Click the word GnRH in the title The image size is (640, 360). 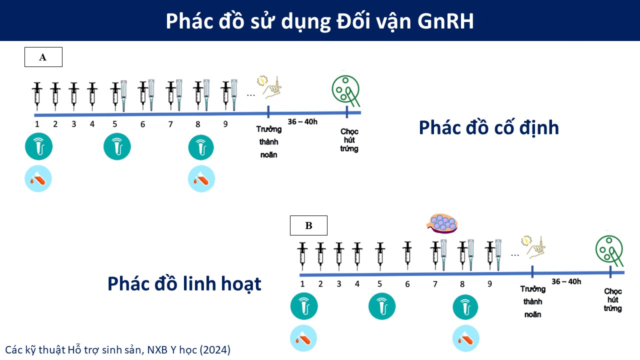pyautogui.click(x=445, y=21)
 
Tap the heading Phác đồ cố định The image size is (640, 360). pyautogui.click(x=489, y=127)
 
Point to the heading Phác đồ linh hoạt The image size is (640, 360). pyautogui.click(x=184, y=284)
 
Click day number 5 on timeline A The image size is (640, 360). pyautogui.click(x=114, y=124)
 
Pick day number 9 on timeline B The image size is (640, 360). pyautogui.click(x=489, y=284)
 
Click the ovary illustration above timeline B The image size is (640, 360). pyautogui.click(x=442, y=223)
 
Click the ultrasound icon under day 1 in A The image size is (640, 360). pyautogui.click(x=38, y=146)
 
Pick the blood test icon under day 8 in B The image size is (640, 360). pyautogui.click(x=465, y=338)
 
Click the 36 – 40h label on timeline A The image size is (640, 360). pyautogui.click(x=302, y=122)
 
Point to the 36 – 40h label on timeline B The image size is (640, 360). pyautogui.click(x=566, y=281)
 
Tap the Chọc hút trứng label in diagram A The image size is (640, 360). pyautogui.click(x=349, y=140)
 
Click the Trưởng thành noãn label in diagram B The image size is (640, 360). pyautogui.click(x=533, y=301)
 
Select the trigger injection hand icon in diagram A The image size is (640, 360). pyautogui.click(x=270, y=87)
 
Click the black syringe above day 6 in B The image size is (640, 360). pyautogui.click(x=407, y=255)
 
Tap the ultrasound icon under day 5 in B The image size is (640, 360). pyautogui.click(x=382, y=306)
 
